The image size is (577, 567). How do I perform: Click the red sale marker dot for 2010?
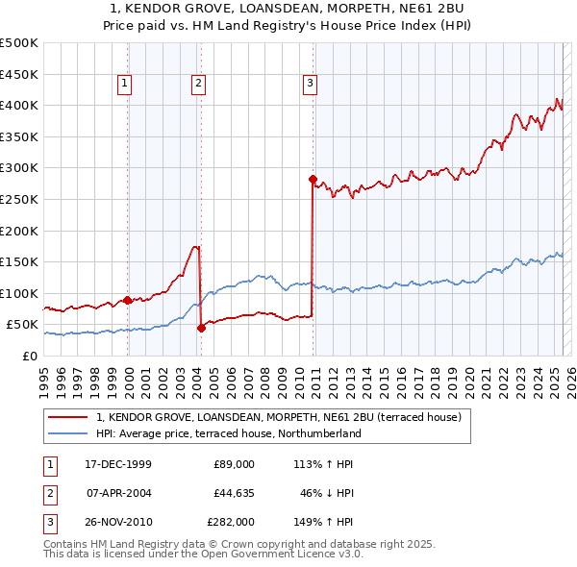tap(313, 179)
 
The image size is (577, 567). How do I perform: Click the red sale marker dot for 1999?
tap(128, 301)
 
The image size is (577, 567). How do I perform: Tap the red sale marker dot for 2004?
tap(201, 328)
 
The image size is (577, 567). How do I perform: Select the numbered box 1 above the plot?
tap(125, 85)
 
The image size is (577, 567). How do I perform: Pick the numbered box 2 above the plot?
tap(197, 85)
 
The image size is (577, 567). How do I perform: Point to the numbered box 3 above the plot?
tap(310, 85)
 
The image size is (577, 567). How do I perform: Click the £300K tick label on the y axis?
tap(19, 168)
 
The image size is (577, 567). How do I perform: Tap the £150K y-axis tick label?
tap(19, 261)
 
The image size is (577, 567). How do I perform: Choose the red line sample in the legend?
tap(68, 418)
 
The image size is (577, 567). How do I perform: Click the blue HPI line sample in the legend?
tap(68, 434)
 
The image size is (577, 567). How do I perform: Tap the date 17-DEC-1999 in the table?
tap(117, 464)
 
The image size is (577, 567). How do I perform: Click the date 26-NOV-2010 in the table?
tap(118, 523)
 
